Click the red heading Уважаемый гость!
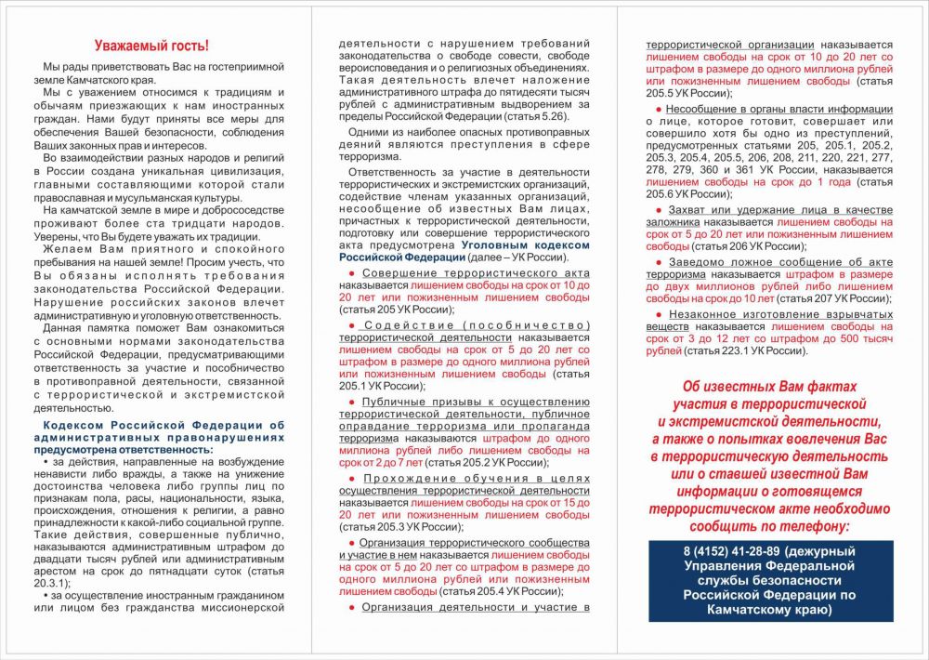tap(153, 46)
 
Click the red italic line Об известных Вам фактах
tap(768, 387)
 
